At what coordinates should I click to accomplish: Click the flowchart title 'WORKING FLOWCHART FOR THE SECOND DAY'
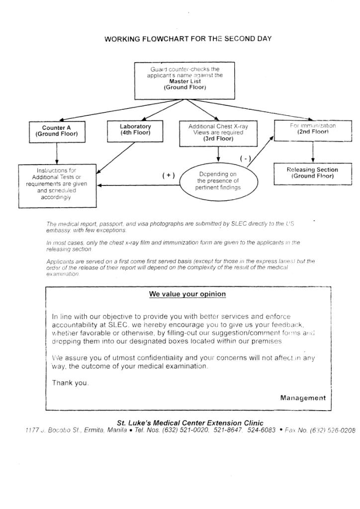pyautogui.click(x=188, y=39)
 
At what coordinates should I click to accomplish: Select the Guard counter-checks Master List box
pyautogui.click(x=184, y=80)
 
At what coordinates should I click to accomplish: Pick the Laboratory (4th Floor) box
pyautogui.click(x=135, y=130)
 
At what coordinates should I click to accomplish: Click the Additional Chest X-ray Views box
pyautogui.click(x=218, y=133)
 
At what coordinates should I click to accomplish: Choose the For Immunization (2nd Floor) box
pyautogui.click(x=313, y=129)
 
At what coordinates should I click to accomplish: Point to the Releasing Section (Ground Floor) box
pyautogui.click(x=312, y=173)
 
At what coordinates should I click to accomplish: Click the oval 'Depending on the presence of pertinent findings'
pyautogui.click(x=218, y=181)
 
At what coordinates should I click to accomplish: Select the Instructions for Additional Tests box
pyautogui.click(x=58, y=185)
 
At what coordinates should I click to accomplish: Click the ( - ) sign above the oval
pyautogui.click(x=245, y=159)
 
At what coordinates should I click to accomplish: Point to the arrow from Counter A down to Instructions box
pyautogui.click(x=57, y=153)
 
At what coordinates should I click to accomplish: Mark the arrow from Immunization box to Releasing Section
pyautogui.click(x=313, y=152)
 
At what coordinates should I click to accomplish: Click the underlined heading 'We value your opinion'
pyautogui.click(x=187, y=294)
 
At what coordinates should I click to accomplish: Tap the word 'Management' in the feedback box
pyautogui.click(x=303, y=398)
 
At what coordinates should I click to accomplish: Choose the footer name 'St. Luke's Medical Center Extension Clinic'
pyautogui.click(x=190, y=423)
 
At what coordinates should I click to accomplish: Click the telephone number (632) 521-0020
pyautogui.click(x=185, y=430)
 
